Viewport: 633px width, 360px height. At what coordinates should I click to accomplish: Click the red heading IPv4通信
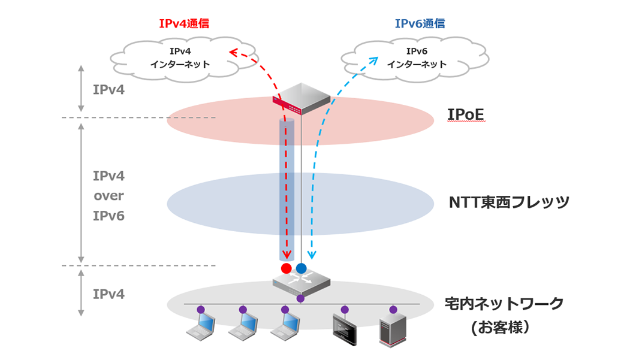pyautogui.click(x=184, y=24)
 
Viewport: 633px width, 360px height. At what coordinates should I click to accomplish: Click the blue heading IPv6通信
pyautogui.click(x=420, y=24)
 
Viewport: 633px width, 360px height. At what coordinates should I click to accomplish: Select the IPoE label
pyautogui.click(x=466, y=114)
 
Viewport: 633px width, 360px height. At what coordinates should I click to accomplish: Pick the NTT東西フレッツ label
pyautogui.click(x=509, y=202)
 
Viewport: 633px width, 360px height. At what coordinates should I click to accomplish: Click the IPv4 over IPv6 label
pyautogui.click(x=108, y=196)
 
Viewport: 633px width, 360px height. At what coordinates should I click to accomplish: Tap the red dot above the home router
pyautogui.click(x=286, y=268)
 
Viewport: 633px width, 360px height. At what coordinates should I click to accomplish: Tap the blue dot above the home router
pyautogui.click(x=301, y=268)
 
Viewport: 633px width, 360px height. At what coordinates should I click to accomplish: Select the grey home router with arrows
pyautogui.click(x=301, y=283)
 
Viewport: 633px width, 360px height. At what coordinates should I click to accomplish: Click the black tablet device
pyautogui.click(x=345, y=331)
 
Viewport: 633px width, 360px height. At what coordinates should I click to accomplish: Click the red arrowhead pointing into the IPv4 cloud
pyautogui.click(x=233, y=52)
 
